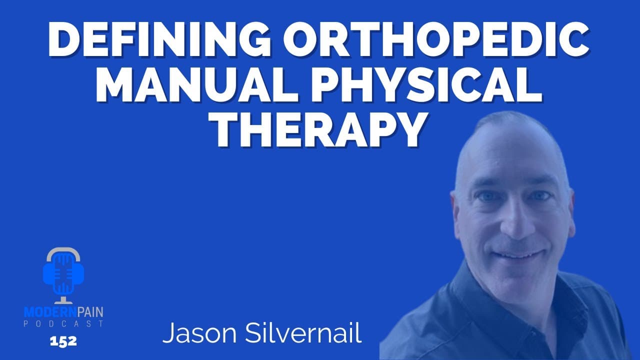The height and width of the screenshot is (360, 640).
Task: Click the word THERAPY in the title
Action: point(320,131)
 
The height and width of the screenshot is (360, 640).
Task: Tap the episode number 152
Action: point(63,341)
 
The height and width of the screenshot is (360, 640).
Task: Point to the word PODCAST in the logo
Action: point(63,323)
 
